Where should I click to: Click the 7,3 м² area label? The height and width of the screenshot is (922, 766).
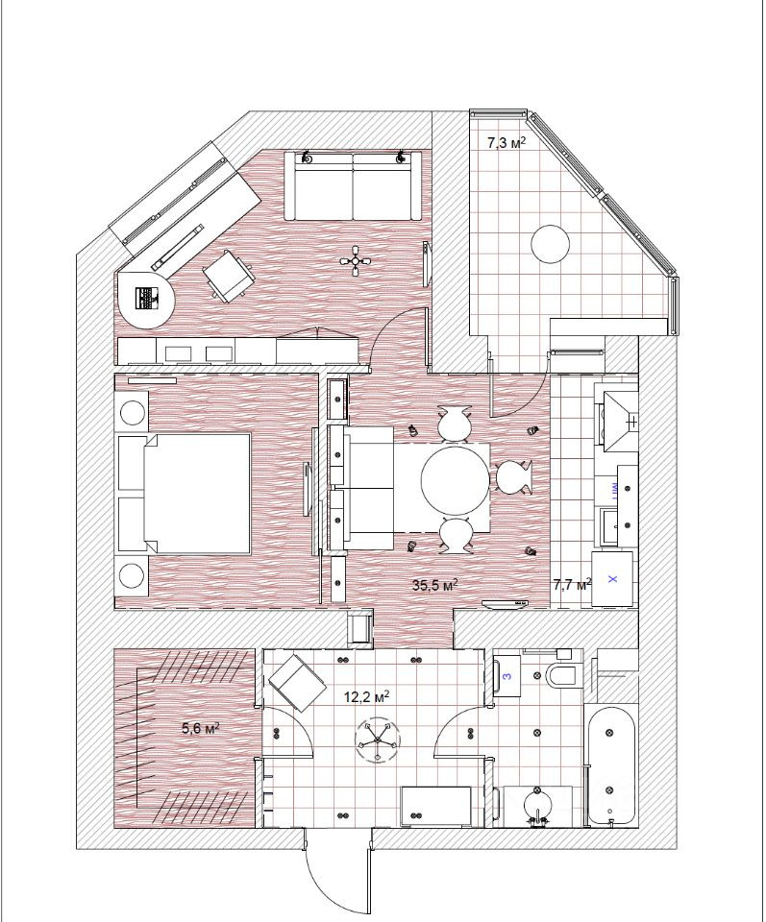coord(506,142)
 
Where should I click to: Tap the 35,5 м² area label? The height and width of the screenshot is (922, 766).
coord(434,585)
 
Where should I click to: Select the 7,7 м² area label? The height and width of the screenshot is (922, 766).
coord(573,585)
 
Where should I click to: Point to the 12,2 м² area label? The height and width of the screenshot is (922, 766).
coord(366,697)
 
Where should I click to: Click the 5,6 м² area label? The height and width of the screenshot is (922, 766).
coord(201,729)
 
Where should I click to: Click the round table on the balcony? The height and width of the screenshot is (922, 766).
coord(552,244)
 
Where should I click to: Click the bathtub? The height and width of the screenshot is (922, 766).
coord(610,764)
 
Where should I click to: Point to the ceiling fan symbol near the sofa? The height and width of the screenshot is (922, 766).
coord(357,260)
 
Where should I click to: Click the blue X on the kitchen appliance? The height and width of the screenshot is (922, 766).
coord(612,580)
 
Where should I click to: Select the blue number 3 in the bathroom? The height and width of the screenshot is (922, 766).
coord(508,675)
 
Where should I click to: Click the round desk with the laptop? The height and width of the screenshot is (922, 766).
coord(146,299)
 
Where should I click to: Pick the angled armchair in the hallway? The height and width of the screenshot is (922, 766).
coord(298,683)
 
